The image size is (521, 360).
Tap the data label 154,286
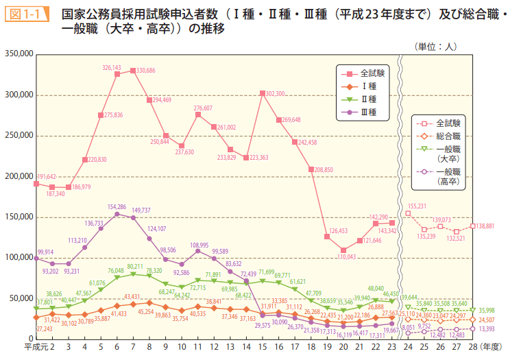pyautogui.click(x=117, y=206)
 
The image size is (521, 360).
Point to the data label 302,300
pyautogui.click(x=274, y=94)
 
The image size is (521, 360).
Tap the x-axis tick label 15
pyautogui.click(x=263, y=348)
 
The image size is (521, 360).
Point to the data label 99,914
pyautogui.click(x=45, y=252)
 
